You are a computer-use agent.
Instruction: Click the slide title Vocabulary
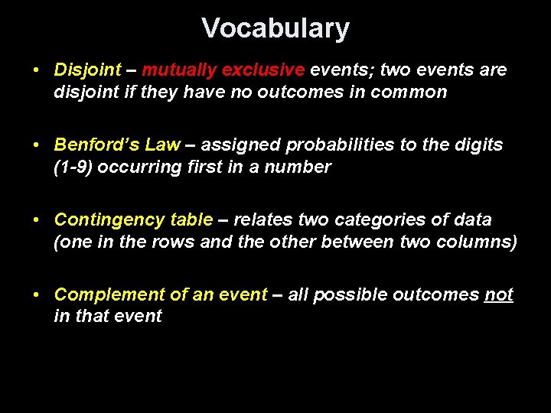[275, 28]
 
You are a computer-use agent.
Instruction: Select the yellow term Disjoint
[87, 70]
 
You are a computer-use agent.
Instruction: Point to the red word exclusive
[263, 70]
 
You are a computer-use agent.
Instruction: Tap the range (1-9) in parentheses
[74, 167]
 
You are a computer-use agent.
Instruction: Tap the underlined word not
[499, 294]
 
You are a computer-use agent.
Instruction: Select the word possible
[358, 294]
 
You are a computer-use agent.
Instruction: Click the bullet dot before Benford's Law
[37, 145]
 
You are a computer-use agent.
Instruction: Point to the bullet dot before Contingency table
[37, 220]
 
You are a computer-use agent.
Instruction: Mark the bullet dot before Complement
[37, 294]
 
